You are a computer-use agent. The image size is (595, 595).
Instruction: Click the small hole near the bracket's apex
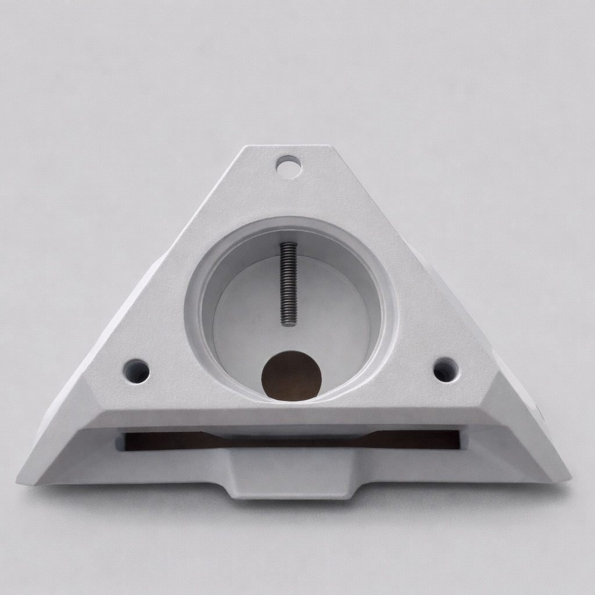[288, 167]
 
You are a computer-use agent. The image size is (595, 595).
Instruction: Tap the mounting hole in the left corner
[137, 371]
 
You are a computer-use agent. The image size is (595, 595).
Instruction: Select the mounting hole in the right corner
[446, 370]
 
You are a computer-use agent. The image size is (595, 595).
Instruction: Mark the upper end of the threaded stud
[288, 245]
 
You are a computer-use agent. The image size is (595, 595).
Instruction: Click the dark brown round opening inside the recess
[291, 376]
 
